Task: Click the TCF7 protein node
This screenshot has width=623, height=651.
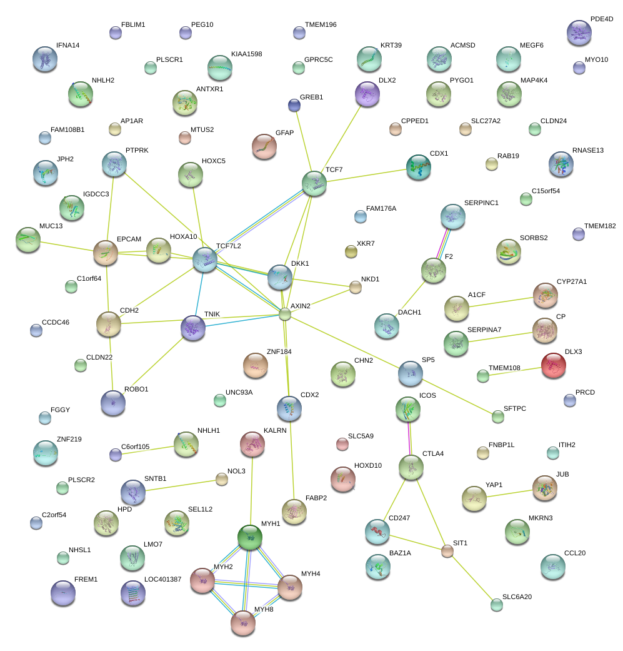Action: [x=314, y=183]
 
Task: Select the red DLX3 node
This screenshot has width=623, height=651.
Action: [x=553, y=365]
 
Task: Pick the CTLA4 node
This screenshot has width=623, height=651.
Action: [x=411, y=467]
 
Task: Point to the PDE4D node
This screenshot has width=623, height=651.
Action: [x=579, y=33]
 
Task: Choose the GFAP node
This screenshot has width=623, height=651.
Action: [x=264, y=146]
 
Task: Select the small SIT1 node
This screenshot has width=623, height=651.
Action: [x=447, y=551]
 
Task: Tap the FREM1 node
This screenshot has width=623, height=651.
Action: [x=62, y=592]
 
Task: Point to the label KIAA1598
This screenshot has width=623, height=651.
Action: [x=246, y=54]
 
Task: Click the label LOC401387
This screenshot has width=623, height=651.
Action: [x=162, y=579]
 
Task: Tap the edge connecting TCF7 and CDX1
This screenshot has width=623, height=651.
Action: [x=366, y=174]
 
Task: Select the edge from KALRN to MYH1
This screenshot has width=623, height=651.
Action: [x=251, y=490]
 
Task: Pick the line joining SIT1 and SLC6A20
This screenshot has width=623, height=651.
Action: [x=471, y=577]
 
